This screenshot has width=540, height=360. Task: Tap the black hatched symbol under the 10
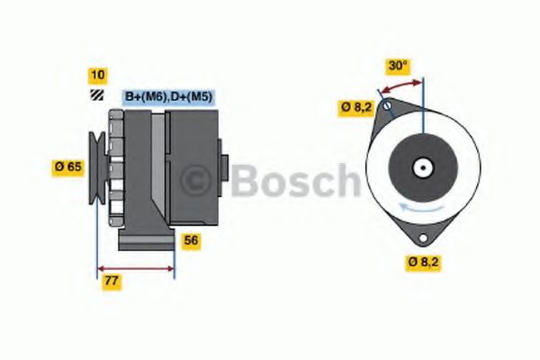(95, 95)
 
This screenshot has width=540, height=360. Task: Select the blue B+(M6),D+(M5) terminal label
(168, 96)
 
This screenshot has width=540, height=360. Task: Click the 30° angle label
(398, 66)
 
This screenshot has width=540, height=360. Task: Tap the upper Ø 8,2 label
(355, 107)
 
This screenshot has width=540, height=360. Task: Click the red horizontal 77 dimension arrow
(135, 267)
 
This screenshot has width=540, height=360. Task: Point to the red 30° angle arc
(400, 85)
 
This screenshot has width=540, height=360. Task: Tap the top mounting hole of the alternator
(387, 108)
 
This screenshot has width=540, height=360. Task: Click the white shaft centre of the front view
(420, 167)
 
